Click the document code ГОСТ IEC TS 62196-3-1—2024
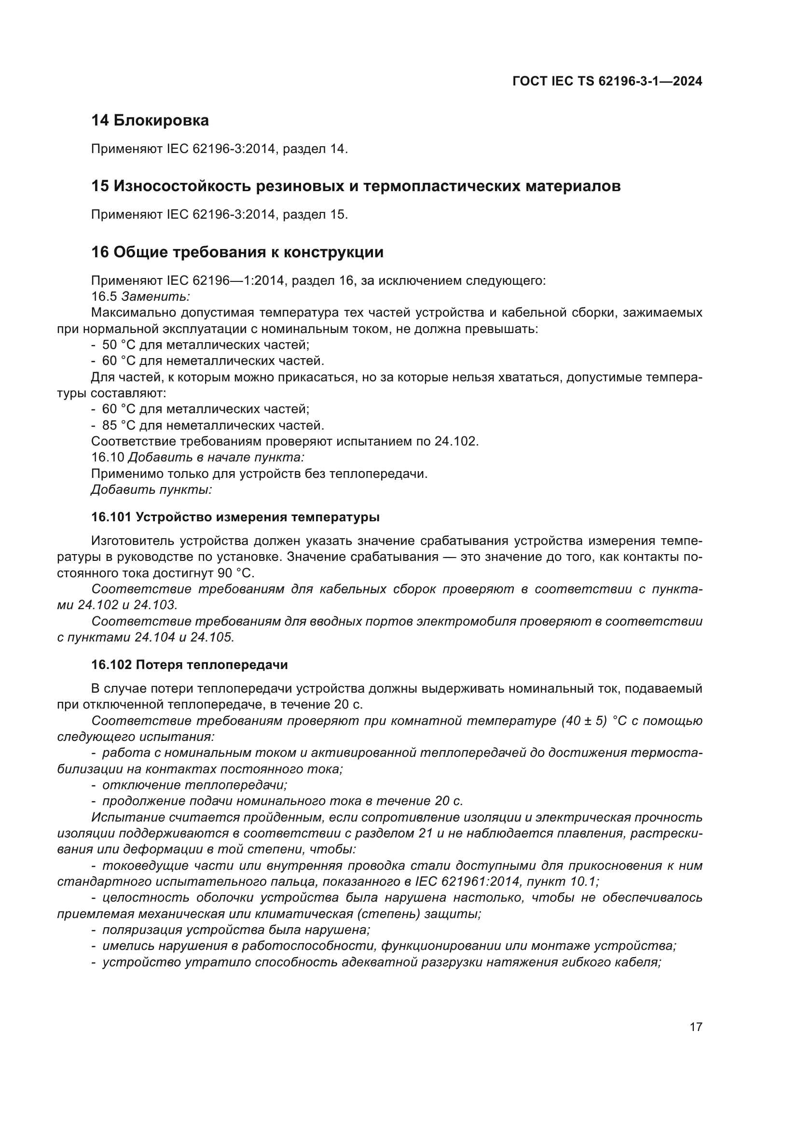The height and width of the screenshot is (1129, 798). click(x=607, y=81)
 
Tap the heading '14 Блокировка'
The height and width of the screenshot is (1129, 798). click(x=150, y=121)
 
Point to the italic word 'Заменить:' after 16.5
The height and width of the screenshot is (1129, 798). click(x=155, y=296)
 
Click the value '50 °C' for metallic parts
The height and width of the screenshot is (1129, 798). click(x=118, y=345)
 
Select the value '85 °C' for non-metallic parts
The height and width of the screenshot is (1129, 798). click(x=118, y=425)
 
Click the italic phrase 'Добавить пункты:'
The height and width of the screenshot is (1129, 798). click(x=151, y=490)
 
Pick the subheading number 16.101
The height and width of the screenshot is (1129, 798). click(x=111, y=517)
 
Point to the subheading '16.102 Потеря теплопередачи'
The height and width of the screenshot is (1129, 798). click(x=189, y=665)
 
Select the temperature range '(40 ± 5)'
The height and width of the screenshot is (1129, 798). click(x=585, y=721)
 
